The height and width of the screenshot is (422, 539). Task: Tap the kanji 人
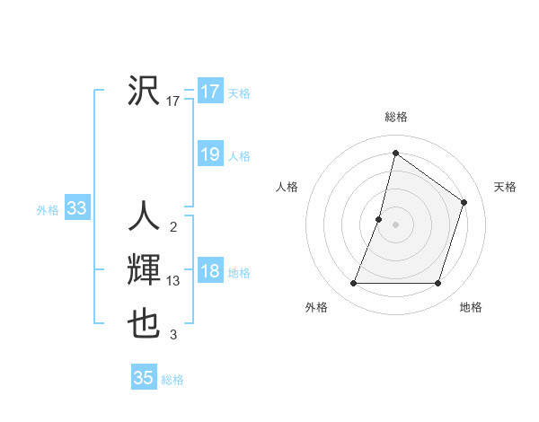144,217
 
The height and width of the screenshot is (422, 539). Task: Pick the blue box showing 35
144,378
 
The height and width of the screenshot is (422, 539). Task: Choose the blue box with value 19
209,154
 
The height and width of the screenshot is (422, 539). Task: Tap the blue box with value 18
209,271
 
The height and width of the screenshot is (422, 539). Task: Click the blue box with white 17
209,92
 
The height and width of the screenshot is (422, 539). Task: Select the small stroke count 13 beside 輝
173,281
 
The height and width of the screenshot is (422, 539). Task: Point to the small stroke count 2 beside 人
173,227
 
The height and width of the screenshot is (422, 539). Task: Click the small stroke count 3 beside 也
173,336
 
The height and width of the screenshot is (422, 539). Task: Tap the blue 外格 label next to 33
48,210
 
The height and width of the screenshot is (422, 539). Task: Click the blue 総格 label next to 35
172,380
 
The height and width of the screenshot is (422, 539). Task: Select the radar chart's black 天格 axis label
506,187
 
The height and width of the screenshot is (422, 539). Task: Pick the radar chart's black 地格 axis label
471,307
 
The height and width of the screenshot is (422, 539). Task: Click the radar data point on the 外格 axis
354,284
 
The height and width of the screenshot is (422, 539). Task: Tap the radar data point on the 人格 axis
379,219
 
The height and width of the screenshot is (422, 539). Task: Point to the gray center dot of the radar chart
395,224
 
